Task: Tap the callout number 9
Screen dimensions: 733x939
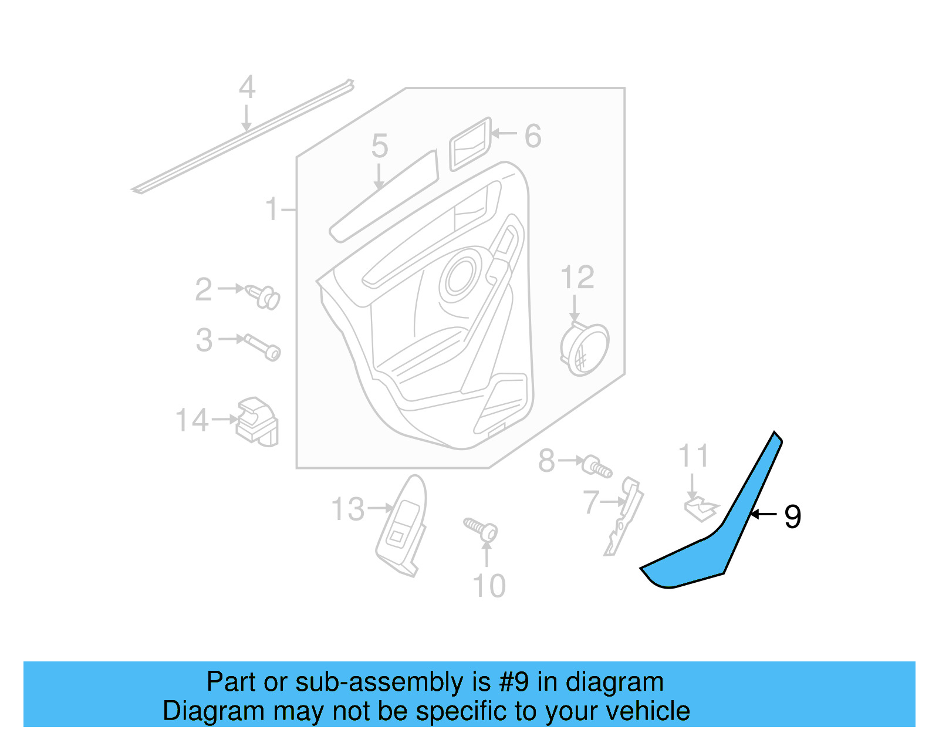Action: coord(792,516)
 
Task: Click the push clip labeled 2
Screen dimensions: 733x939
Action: coord(264,296)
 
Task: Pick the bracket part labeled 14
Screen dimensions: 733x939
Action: coord(256,421)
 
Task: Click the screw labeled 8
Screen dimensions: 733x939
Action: coord(596,467)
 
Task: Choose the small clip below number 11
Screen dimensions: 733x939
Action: coord(700,508)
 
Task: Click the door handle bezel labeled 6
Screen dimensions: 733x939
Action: coord(469,144)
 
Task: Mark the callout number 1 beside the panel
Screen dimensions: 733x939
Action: coord(271,209)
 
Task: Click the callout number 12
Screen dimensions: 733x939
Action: coord(577,277)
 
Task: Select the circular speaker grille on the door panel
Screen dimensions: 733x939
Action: coord(461,276)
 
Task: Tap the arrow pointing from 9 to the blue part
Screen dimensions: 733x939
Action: coord(764,515)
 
